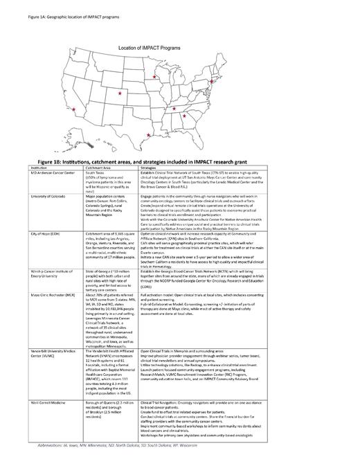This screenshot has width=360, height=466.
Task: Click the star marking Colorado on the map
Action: [x=120, y=92]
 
